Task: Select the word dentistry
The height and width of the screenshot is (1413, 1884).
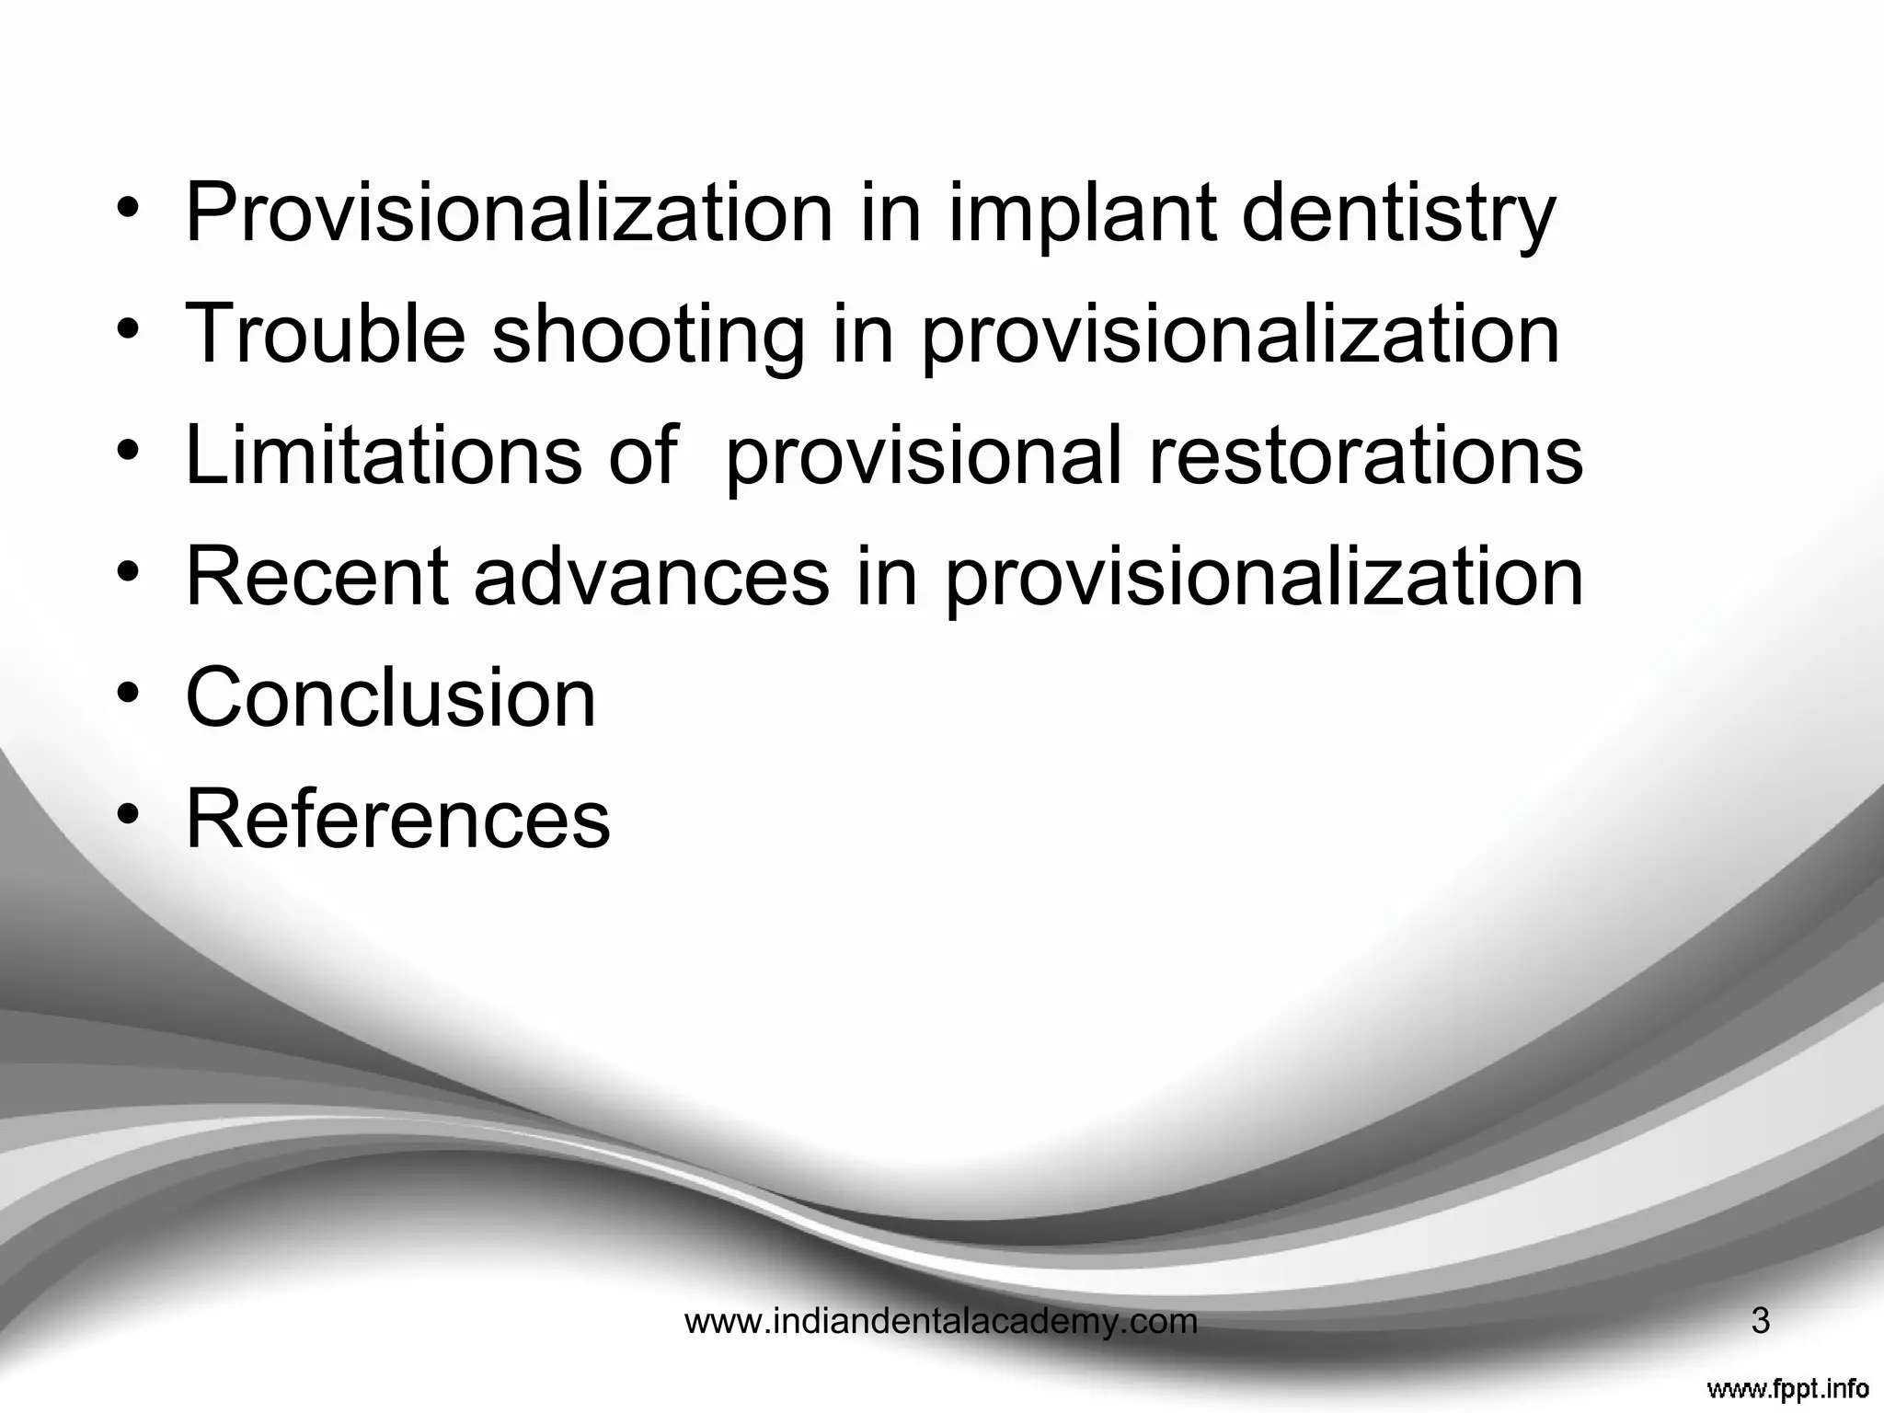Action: [1398, 213]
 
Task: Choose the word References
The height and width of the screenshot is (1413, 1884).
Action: [397, 819]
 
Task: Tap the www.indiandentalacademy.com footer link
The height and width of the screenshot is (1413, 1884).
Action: [941, 1322]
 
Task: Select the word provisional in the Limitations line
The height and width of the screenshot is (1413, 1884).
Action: [924, 456]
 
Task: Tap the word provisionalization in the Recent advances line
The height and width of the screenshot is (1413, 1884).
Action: [1264, 578]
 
